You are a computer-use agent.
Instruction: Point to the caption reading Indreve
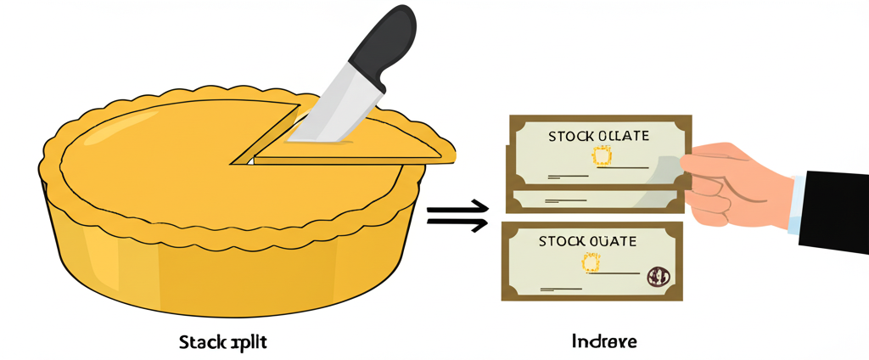pyautogui.click(x=604, y=342)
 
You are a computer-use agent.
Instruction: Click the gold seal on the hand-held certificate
pyautogui.click(x=602, y=156)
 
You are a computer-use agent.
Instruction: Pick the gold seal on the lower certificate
pyautogui.click(x=590, y=262)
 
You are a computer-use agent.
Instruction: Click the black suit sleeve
pyautogui.click(x=836, y=208)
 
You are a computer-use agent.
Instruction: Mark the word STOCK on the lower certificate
pyautogui.click(x=560, y=242)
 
